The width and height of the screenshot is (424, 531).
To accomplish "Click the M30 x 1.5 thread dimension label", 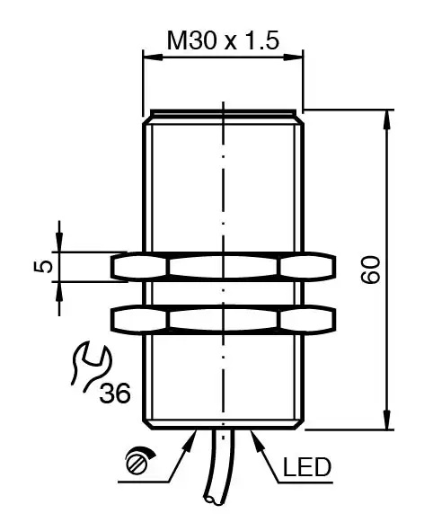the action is click(223, 40).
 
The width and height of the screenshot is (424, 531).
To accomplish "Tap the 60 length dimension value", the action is click(370, 270).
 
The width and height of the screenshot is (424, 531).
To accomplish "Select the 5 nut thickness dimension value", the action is click(43, 267).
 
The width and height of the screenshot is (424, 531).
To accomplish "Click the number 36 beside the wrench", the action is click(115, 393).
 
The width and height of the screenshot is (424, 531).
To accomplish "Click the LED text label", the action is click(307, 467).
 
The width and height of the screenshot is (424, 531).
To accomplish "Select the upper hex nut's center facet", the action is click(223, 267).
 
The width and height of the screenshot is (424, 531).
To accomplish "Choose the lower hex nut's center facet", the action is click(223, 318).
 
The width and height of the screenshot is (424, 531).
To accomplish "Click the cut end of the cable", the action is click(213, 500).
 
